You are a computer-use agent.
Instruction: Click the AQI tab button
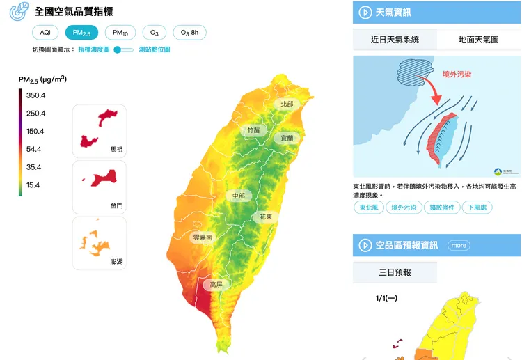[x=45, y=33]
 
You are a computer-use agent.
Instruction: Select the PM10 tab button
[x=120, y=33]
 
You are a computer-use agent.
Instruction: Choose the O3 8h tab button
[x=189, y=33]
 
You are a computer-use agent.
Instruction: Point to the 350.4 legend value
[x=35, y=95]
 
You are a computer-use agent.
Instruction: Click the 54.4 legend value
[x=33, y=149]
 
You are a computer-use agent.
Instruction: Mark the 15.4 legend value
[x=33, y=185]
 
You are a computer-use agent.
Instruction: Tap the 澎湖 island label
[x=116, y=261]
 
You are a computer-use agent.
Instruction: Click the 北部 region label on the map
[x=287, y=104]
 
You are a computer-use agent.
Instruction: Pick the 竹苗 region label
[x=253, y=130]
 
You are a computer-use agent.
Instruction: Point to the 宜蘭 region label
[x=287, y=138]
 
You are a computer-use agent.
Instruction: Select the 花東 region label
[x=265, y=217]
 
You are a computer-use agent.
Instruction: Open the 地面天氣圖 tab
[x=478, y=40]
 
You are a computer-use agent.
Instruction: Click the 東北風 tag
[x=367, y=207]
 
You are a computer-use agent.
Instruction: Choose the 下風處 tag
[x=478, y=207]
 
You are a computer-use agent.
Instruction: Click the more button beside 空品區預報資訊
[x=458, y=245]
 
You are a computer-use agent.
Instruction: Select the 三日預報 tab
[x=394, y=272]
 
